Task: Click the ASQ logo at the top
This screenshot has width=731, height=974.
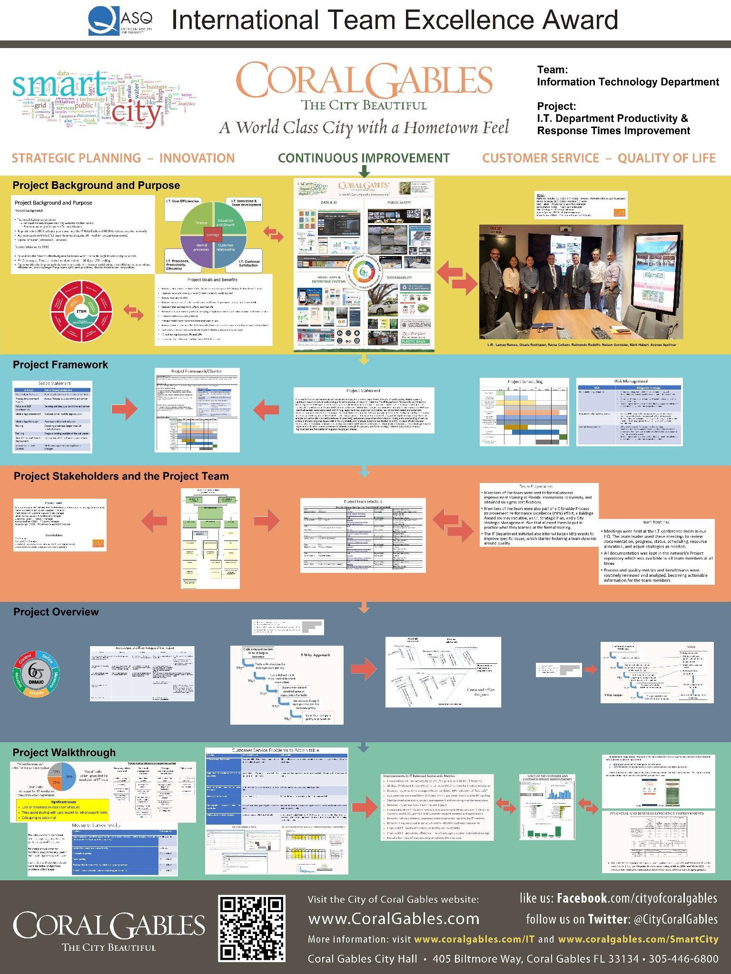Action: click(120, 20)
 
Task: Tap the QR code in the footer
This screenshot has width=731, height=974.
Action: click(252, 927)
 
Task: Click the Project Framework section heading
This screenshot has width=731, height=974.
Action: click(60, 365)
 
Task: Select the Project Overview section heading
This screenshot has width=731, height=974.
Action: click(56, 612)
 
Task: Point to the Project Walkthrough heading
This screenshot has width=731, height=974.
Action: click(64, 752)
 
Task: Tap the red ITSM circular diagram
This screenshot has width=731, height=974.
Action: click(81, 312)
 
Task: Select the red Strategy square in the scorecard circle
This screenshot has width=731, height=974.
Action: click(213, 235)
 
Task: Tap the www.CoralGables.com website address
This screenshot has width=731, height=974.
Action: click(394, 919)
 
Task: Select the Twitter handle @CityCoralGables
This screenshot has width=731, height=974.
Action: click(675, 919)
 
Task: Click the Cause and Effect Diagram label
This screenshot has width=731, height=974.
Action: click(481, 692)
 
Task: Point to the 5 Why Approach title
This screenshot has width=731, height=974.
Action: click(315, 655)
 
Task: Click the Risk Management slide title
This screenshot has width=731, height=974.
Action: click(629, 381)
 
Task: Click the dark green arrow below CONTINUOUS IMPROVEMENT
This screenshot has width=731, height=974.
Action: click(364, 170)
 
